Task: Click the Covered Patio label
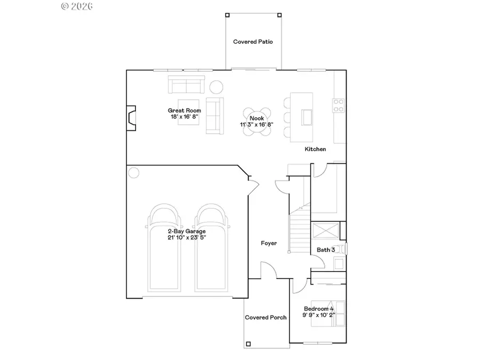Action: coord(253,42)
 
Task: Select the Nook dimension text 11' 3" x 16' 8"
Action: coord(257,125)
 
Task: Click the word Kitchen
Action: coord(315,149)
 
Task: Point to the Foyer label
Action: coord(269,243)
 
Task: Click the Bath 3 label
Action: coord(326,250)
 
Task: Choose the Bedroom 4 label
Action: coord(318,309)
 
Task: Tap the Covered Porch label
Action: coord(266,317)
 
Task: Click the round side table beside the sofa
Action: coord(216,86)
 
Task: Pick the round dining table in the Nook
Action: coord(258,122)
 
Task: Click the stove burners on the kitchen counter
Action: coord(338,106)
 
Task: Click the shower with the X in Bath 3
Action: coord(325,232)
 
